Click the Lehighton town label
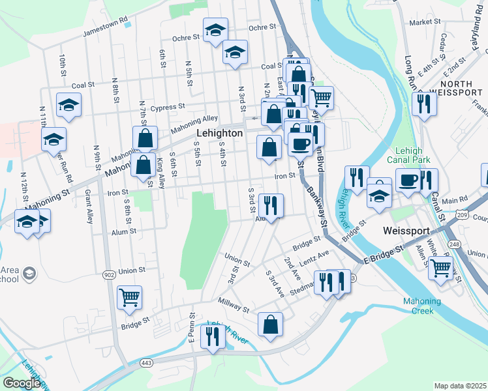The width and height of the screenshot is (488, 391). coord(219,133)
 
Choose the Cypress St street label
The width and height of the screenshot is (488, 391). coord(168,106)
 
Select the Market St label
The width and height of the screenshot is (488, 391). coord(425,22)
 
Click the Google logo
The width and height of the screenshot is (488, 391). coord(22,383)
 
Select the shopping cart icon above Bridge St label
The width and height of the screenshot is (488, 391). coord(129,297)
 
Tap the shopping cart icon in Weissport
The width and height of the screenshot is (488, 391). coord(442,266)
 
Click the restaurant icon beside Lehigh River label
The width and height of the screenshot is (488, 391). coord(213,336)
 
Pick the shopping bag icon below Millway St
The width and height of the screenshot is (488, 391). coord(270,324)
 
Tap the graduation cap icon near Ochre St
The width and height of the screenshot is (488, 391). coord(214,29)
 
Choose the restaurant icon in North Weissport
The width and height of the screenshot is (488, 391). coord(424,103)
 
